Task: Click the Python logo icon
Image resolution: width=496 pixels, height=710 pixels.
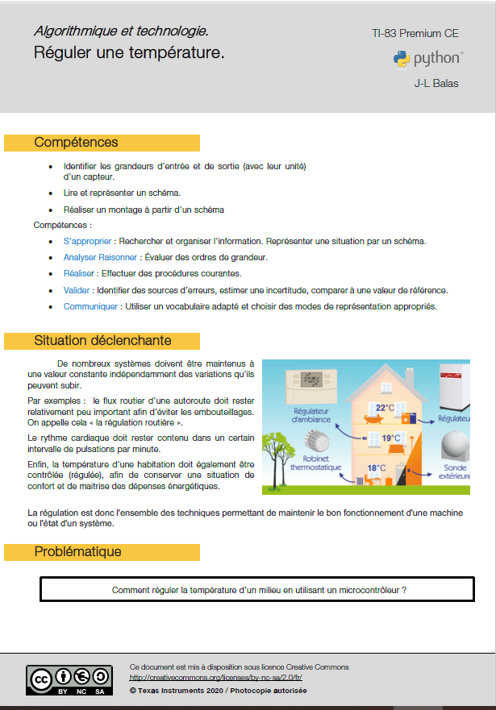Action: (401, 59)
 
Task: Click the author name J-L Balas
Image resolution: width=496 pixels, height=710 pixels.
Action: (436, 83)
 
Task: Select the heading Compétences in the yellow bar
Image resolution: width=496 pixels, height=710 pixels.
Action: (76, 143)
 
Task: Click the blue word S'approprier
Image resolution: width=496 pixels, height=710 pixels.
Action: (87, 241)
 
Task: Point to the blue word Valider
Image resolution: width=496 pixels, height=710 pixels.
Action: (77, 290)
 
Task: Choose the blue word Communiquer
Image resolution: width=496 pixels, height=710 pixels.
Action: (91, 306)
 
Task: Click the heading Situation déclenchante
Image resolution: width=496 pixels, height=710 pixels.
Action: (102, 340)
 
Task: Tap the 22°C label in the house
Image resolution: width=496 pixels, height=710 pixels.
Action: (385, 407)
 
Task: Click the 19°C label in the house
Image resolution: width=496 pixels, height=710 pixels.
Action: (391, 438)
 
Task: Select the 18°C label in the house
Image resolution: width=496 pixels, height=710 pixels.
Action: (377, 467)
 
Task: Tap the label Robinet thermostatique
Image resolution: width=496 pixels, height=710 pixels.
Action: (316, 462)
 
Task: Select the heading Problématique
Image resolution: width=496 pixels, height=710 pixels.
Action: (77, 552)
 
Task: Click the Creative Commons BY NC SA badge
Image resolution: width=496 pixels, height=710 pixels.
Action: (68, 679)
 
